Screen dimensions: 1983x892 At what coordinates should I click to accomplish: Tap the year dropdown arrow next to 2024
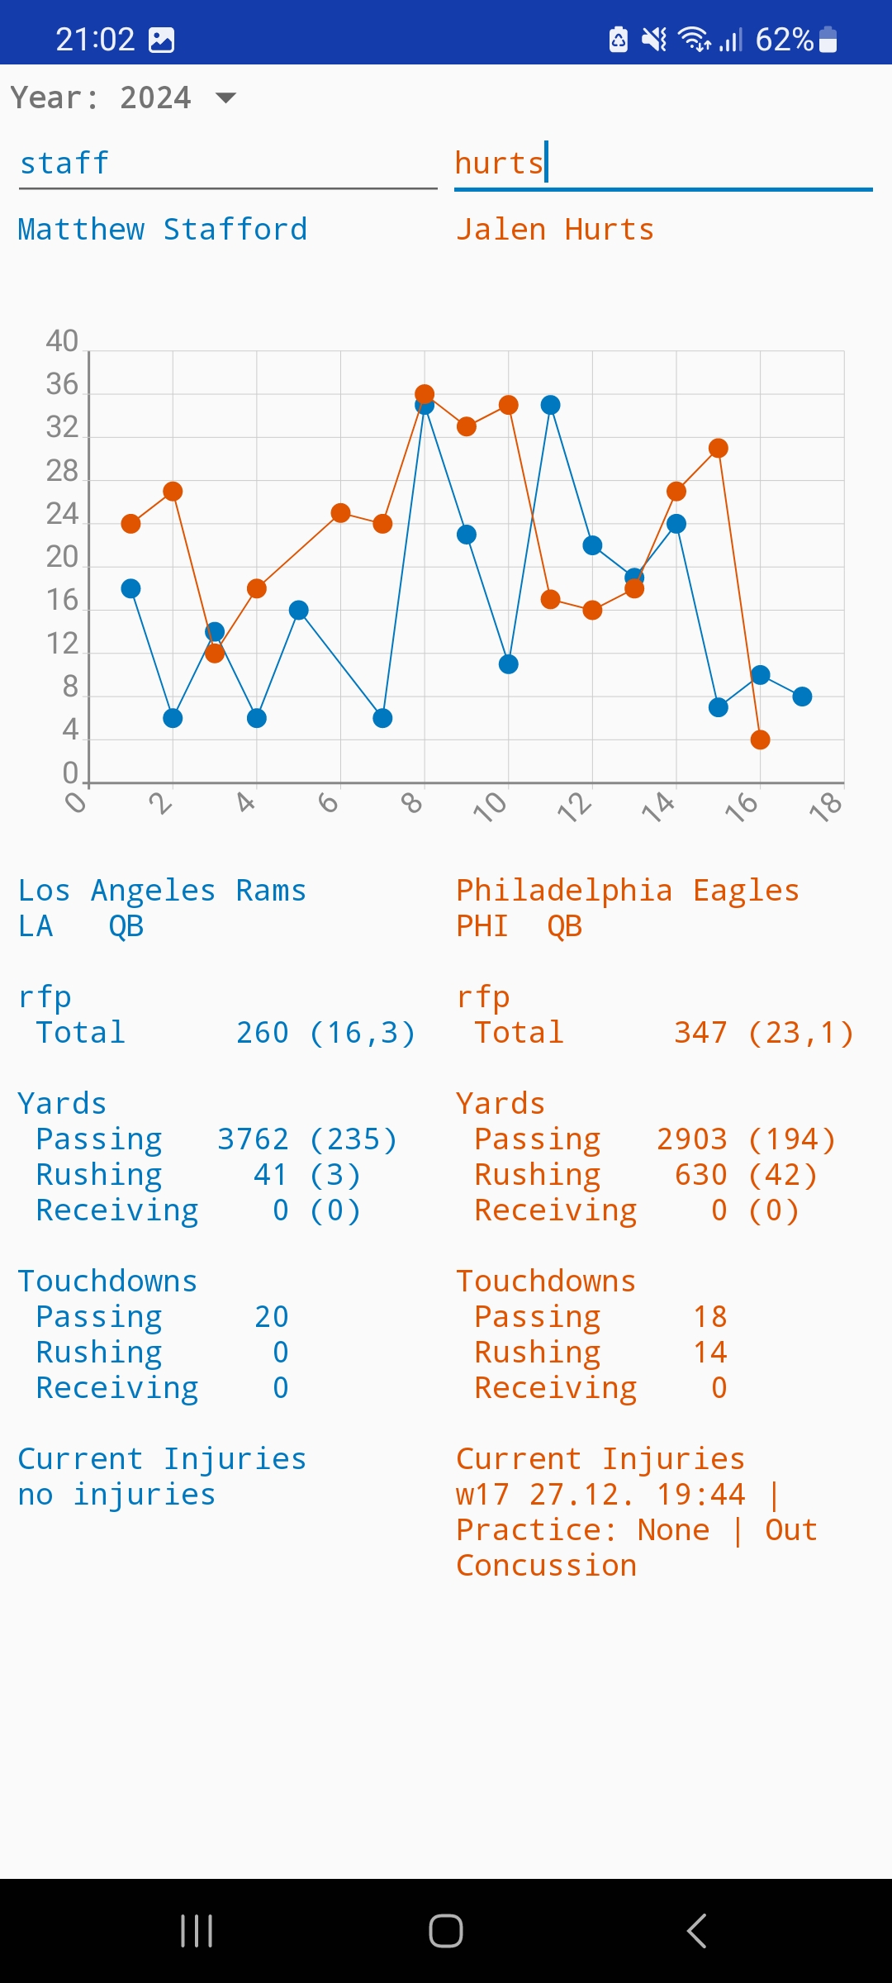225,98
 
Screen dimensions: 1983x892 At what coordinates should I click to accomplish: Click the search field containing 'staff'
227,164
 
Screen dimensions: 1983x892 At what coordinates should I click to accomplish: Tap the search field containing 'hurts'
662,164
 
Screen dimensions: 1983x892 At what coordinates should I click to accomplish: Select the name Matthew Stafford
163,229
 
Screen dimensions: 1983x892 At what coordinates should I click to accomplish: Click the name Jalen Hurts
555,229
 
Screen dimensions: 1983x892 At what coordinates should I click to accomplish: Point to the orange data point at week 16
761,739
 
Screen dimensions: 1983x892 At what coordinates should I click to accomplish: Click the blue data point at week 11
551,405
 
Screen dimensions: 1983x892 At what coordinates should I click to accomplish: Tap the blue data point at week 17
802,697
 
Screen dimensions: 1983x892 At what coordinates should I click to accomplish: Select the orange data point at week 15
719,448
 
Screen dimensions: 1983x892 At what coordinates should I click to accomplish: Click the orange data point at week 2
173,492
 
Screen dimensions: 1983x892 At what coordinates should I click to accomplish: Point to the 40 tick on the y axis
62,341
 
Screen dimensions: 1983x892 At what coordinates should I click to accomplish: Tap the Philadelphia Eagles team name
628,890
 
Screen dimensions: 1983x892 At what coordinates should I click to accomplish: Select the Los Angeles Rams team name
162,890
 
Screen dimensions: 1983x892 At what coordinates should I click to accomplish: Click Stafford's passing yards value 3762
253,1139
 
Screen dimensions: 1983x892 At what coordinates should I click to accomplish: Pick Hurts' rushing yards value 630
700,1175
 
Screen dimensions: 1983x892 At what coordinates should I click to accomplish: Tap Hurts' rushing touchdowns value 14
710,1353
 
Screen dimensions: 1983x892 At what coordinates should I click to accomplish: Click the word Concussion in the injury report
546,1566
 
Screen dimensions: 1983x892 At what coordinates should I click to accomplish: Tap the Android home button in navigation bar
446,1931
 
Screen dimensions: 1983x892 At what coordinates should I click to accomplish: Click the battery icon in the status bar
828,39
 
